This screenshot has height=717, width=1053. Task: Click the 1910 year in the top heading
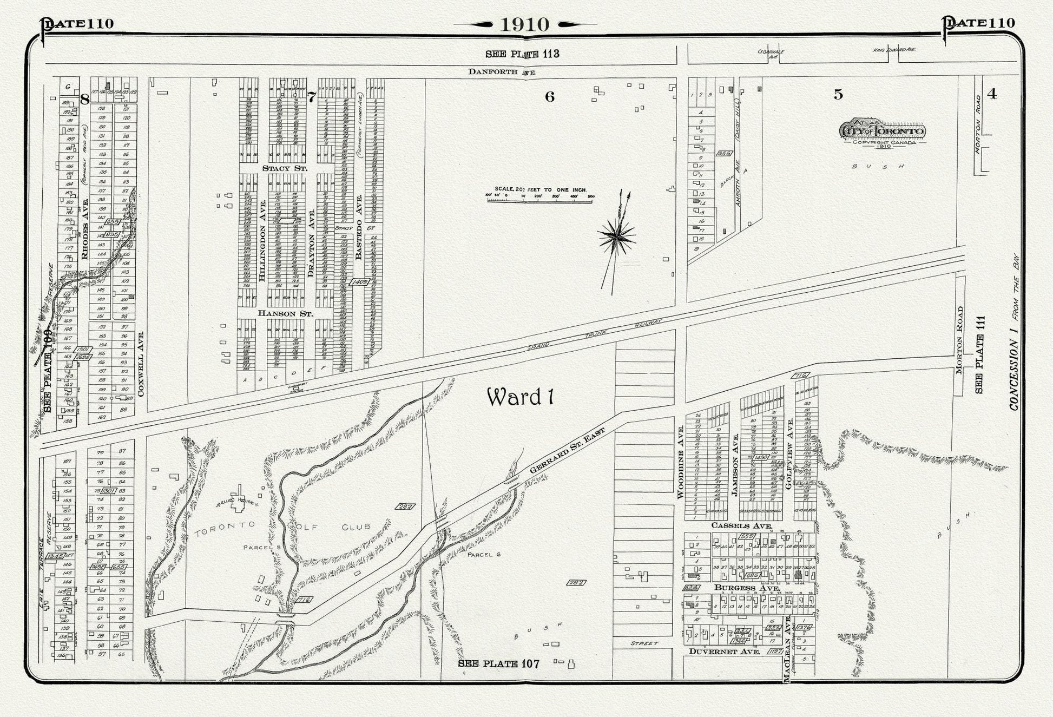(x=524, y=24)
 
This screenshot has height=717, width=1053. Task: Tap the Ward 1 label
(x=520, y=397)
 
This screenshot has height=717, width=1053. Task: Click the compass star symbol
(x=616, y=236)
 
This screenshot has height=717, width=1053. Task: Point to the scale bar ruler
(x=540, y=200)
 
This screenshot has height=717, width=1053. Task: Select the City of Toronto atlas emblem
(x=883, y=131)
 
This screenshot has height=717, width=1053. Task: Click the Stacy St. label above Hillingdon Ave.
(x=284, y=168)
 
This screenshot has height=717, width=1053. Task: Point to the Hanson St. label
(x=285, y=313)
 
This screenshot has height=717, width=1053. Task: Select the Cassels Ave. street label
(x=741, y=525)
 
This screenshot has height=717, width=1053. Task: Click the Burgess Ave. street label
(x=747, y=588)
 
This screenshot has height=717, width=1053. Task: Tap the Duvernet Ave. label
(x=720, y=652)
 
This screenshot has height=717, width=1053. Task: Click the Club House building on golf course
(x=238, y=497)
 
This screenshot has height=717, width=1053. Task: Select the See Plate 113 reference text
(x=522, y=54)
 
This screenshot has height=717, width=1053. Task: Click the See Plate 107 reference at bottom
(x=498, y=663)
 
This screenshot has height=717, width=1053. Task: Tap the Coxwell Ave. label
(x=141, y=364)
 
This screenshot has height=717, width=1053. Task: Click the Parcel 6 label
(x=483, y=555)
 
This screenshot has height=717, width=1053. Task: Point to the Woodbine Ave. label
(x=681, y=462)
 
